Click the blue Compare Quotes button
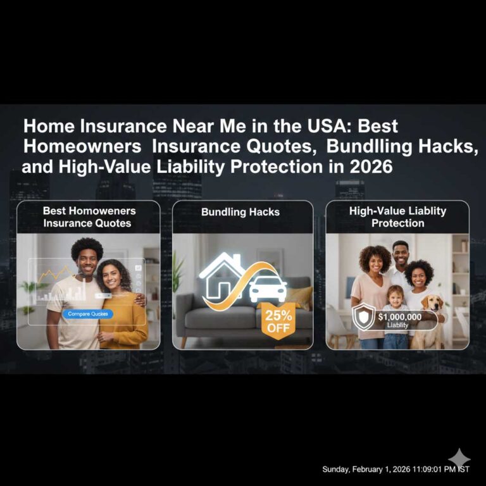(89, 314)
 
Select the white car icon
(268, 289)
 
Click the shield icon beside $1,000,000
(363, 317)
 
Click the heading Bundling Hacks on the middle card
(240, 212)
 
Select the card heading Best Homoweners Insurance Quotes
(89, 216)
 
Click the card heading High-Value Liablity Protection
(397, 216)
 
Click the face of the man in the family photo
(401, 252)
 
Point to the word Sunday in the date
(337, 470)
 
